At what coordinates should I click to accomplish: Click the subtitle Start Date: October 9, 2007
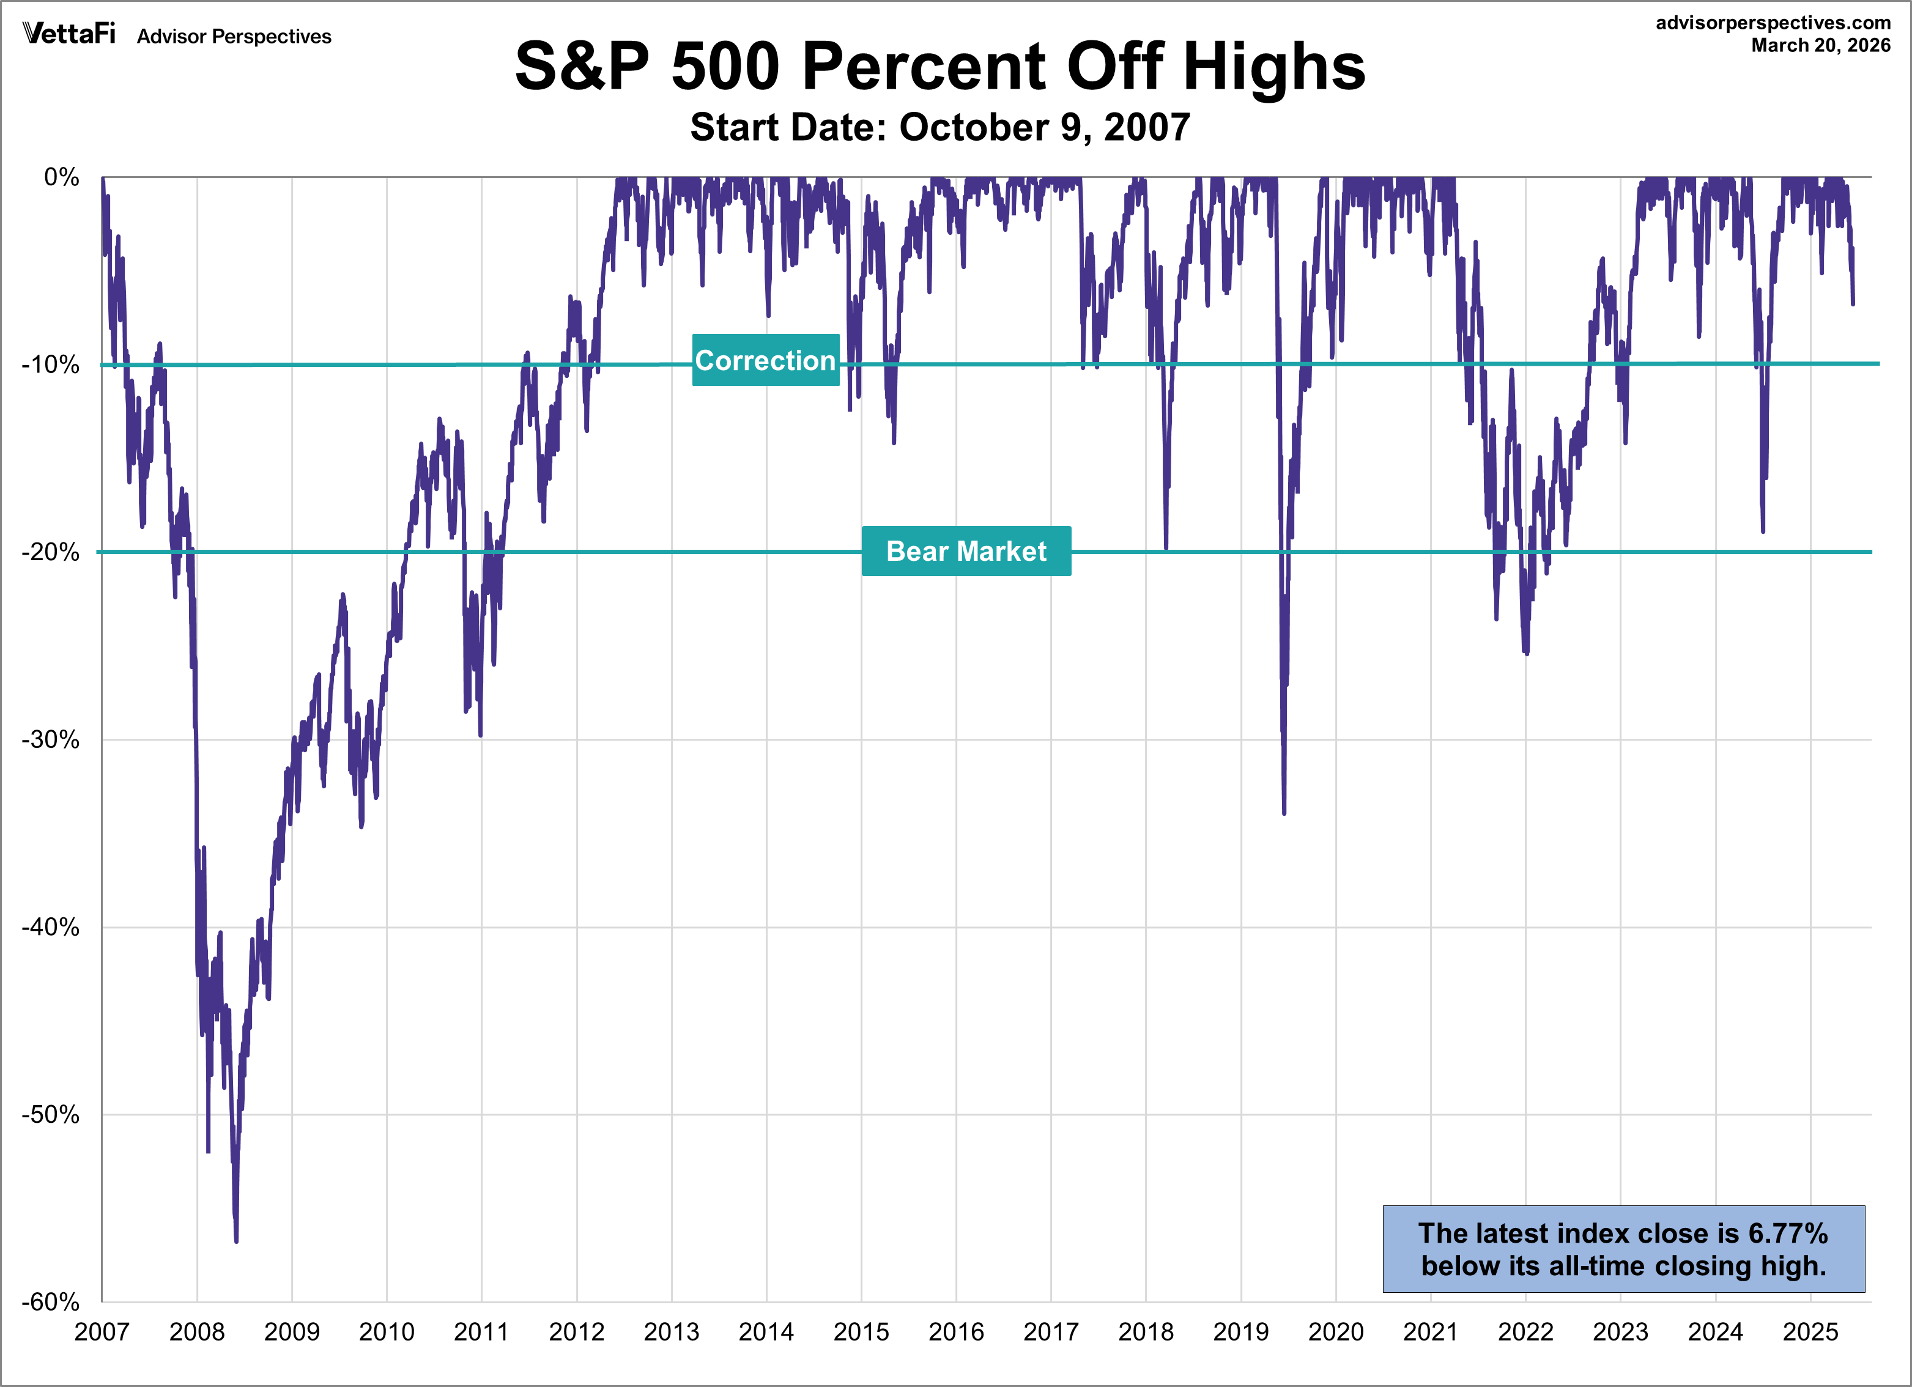[x=940, y=127]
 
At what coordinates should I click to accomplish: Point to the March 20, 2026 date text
[x=1820, y=45]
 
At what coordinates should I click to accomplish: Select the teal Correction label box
[x=766, y=360]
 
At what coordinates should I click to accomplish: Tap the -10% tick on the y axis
[x=51, y=365]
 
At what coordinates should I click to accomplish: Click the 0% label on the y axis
[x=62, y=177]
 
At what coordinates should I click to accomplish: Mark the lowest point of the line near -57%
[x=236, y=1240]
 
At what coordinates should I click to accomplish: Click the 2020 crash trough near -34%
[x=1284, y=813]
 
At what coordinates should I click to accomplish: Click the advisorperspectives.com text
[x=1773, y=23]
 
